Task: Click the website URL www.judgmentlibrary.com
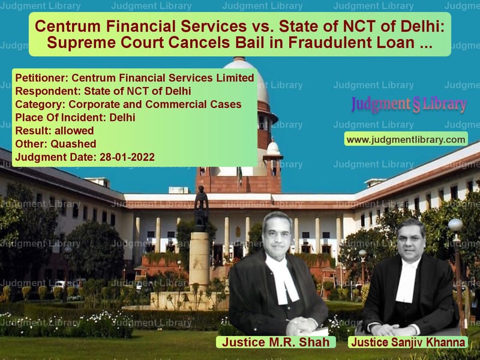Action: (x=406, y=140)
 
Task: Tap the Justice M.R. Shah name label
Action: (x=276, y=342)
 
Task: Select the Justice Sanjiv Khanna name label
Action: (x=408, y=342)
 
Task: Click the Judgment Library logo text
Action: (x=409, y=104)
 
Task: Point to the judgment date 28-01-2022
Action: (x=127, y=157)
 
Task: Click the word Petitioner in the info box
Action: (x=41, y=78)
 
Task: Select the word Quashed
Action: (x=73, y=144)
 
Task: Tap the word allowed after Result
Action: (x=74, y=131)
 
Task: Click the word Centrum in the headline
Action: (x=68, y=26)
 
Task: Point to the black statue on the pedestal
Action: (x=202, y=208)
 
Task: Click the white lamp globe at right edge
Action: (x=455, y=225)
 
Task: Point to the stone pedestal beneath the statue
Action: (x=199, y=260)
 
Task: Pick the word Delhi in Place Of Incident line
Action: (x=122, y=118)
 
